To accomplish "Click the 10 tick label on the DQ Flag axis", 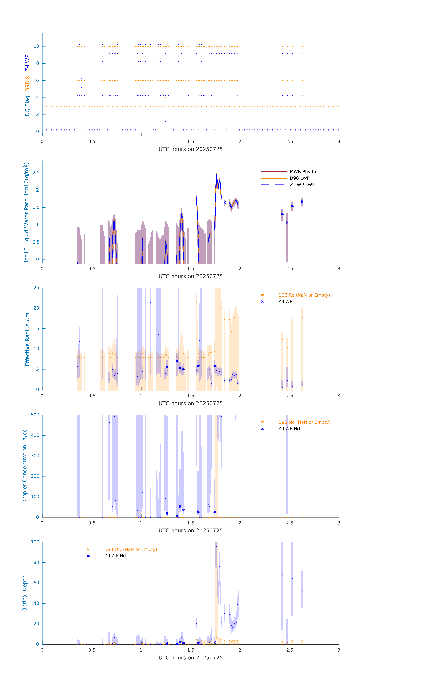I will pyautogui.click(x=36, y=46).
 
